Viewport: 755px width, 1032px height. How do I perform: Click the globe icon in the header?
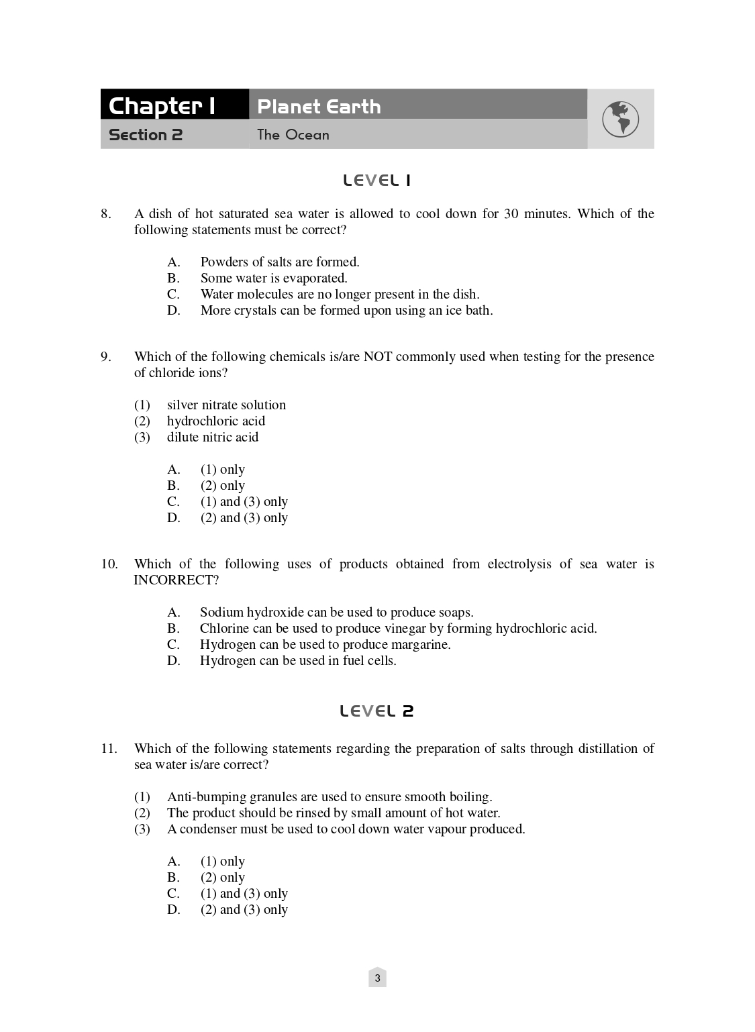[620, 119]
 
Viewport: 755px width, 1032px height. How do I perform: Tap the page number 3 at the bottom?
[377, 978]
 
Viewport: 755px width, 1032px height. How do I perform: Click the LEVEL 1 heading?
[376, 180]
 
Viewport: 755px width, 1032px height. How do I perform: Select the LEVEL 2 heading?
[376, 711]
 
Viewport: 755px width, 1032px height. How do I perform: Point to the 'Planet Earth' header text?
[319, 106]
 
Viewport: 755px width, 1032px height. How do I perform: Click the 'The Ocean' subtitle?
[293, 135]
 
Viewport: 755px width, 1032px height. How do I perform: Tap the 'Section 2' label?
[146, 135]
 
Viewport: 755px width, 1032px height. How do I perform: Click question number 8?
[105, 214]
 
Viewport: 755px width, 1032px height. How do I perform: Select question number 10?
[109, 564]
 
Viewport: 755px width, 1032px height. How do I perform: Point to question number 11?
[109, 748]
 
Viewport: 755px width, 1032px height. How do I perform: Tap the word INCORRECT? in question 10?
[176, 580]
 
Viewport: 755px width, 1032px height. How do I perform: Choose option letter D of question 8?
[174, 311]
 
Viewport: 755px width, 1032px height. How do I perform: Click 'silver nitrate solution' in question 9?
[226, 405]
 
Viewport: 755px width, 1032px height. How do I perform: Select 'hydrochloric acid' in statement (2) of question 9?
[216, 421]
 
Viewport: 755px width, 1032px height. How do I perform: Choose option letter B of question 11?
[173, 878]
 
